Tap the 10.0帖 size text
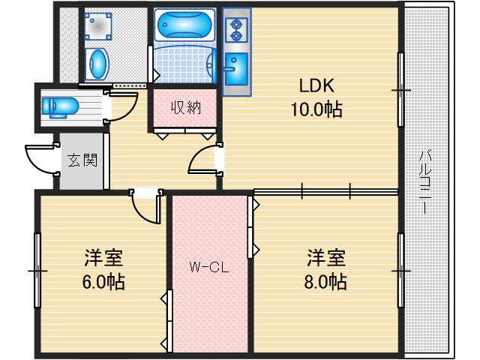pyautogui.click(x=317, y=110)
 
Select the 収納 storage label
pyautogui.click(x=184, y=107)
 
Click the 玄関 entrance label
pyautogui.click(x=82, y=160)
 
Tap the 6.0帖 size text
pyautogui.click(x=104, y=283)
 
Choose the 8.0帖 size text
pyautogui.click(x=326, y=283)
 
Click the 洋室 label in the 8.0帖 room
pyautogui.click(x=326, y=259)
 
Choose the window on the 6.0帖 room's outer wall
pyautogui.click(x=35, y=269)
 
